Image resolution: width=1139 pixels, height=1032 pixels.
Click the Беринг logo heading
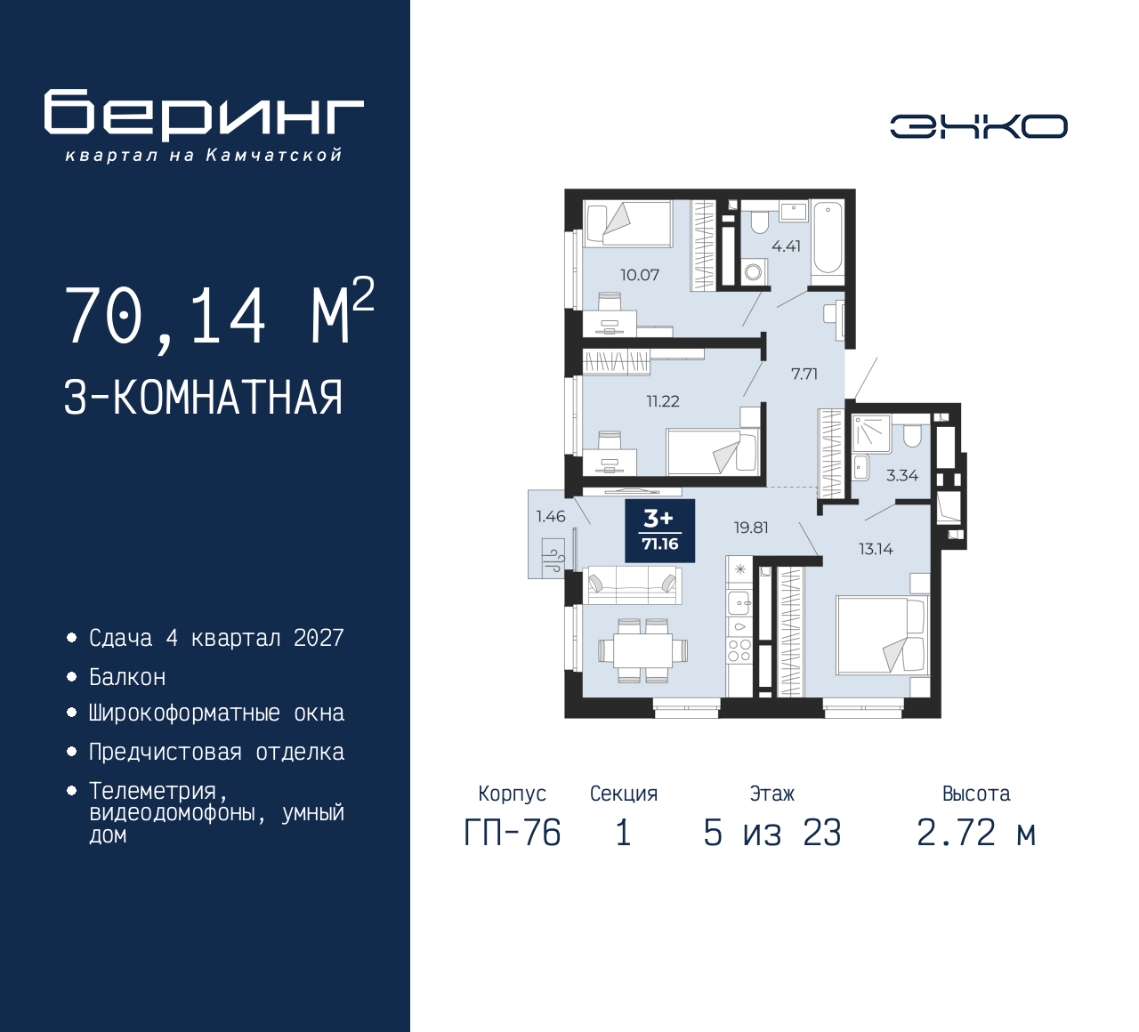click(204, 115)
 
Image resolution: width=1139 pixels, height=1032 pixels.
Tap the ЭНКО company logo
click(978, 126)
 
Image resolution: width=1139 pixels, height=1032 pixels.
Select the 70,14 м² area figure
click(219, 314)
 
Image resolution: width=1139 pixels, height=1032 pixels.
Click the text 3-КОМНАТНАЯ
click(203, 398)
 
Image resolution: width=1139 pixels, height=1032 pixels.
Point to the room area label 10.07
click(640, 275)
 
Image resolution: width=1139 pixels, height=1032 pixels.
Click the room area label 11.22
click(662, 401)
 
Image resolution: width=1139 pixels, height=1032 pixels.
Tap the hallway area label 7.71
click(804, 375)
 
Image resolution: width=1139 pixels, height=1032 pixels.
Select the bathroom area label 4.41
click(786, 246)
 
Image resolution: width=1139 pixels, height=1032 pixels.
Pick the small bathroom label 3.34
click(901, 476)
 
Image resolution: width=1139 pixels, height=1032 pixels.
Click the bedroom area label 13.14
click(876, 549)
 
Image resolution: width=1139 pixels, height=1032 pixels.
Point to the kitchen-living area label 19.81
click(750, 528)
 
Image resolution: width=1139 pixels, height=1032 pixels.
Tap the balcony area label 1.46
click(550, 517)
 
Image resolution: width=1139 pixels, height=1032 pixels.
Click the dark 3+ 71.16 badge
click(659, 531)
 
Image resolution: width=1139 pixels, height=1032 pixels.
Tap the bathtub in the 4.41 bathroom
click(828, 238)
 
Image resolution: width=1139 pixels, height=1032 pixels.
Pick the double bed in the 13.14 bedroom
click(882, 635)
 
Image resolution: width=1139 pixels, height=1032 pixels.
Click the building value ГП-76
click(513, 834)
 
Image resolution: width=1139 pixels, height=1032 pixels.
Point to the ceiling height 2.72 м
click(976, 834)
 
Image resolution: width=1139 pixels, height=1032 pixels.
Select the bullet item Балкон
click(127, 677)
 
